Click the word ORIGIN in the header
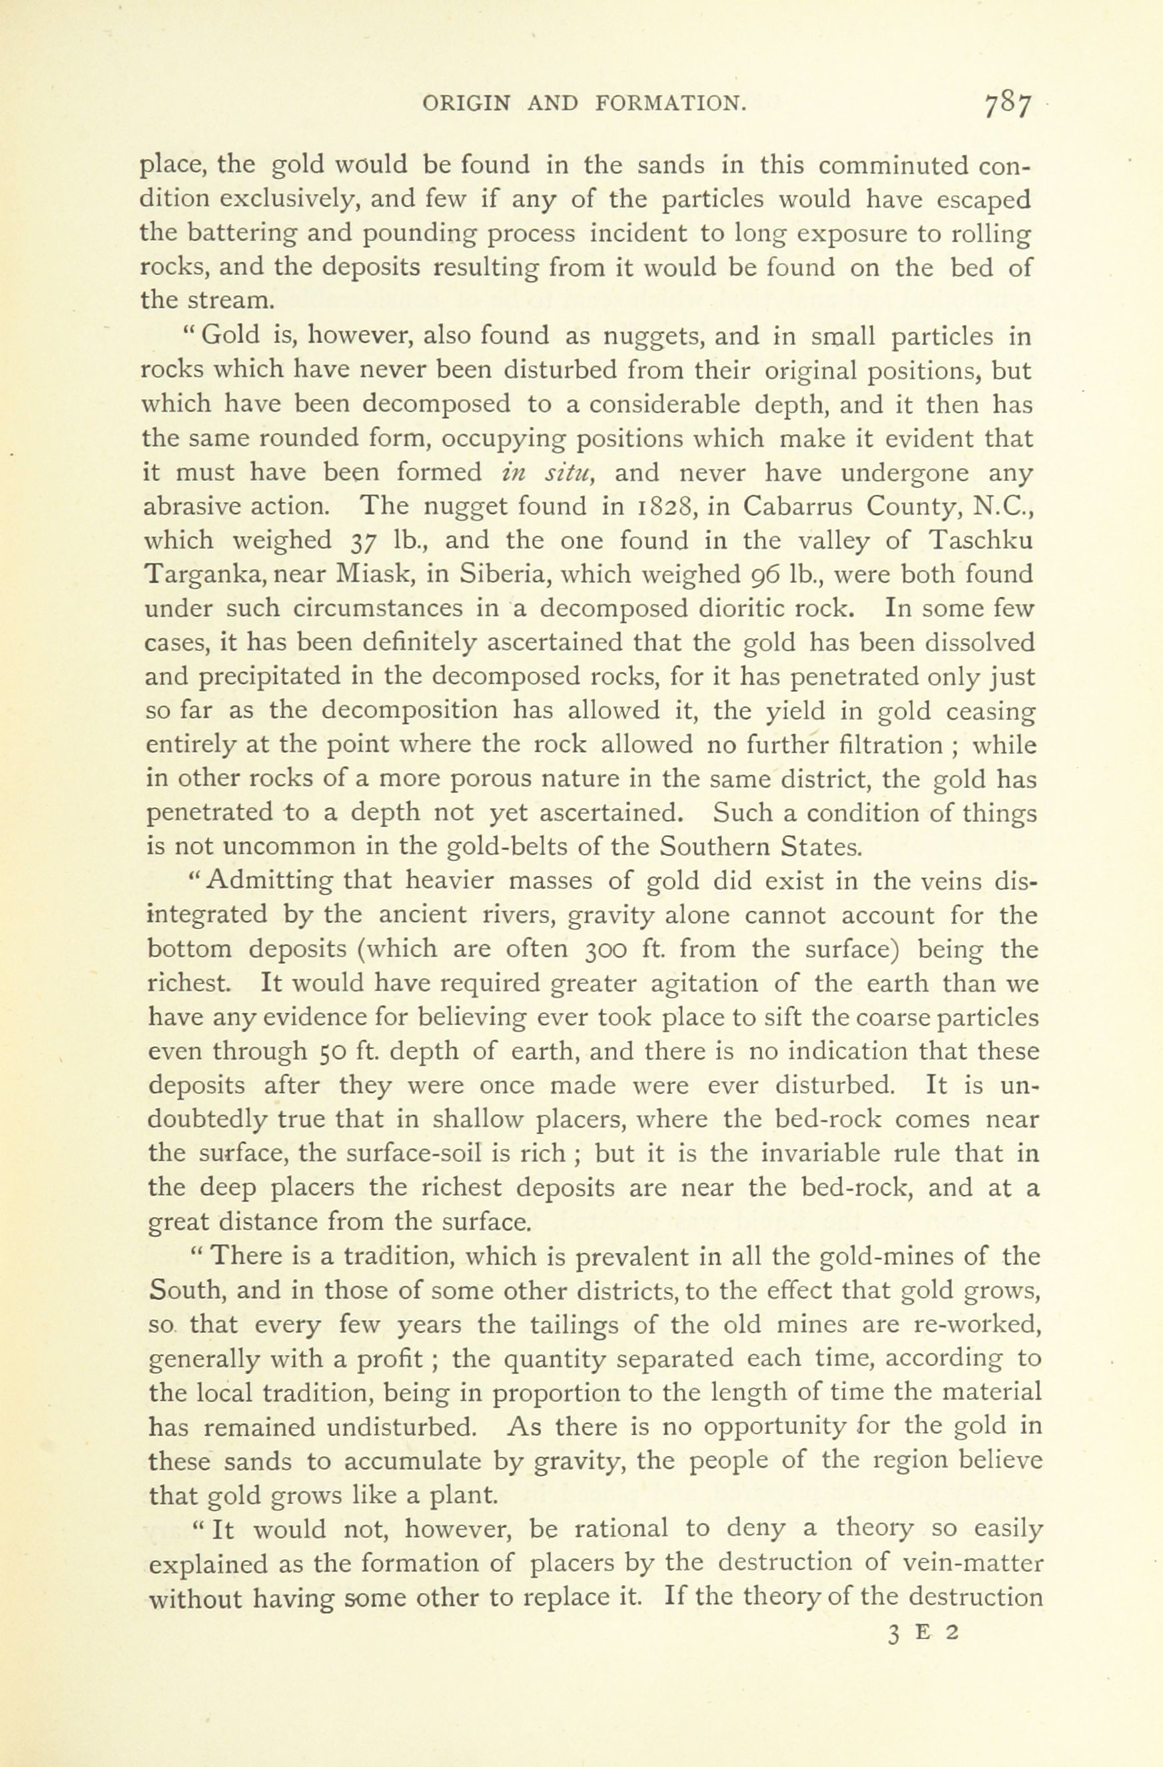click(466, 104)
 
